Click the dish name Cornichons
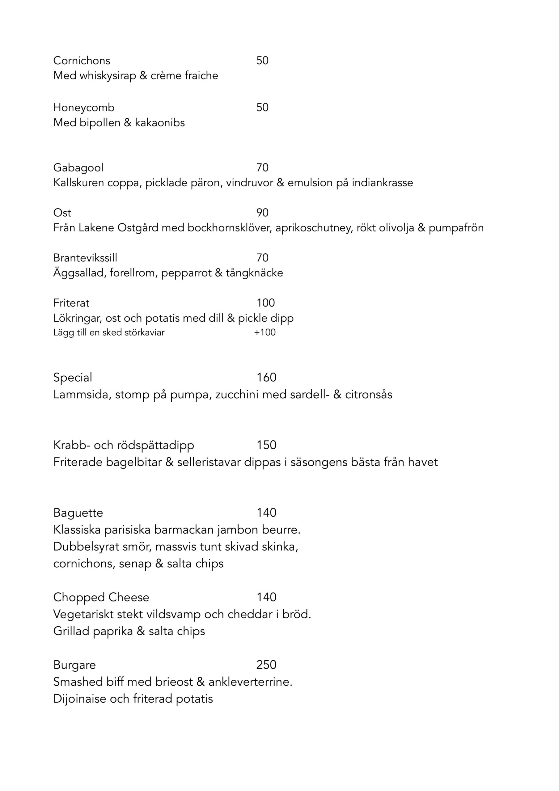82,61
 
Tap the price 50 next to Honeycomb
262,108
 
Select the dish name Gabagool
78,168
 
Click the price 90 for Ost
262,213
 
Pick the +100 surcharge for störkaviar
265,332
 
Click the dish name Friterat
71,303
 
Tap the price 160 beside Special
266,378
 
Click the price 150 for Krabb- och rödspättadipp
266,445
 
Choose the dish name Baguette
78,513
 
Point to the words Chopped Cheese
101,597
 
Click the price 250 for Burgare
266,665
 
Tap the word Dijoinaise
80,698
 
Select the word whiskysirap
108,76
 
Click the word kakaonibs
160,123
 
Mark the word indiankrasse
382,183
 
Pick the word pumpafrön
456,228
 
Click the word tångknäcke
254,273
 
